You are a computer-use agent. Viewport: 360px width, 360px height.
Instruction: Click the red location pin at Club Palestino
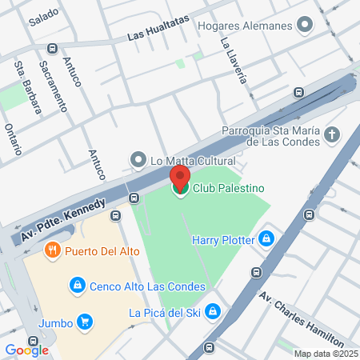click(180, 177)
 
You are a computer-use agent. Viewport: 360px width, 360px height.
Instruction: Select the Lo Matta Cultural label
click(186, 159)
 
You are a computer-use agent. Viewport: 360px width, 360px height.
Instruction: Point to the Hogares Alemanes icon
click(304, 25)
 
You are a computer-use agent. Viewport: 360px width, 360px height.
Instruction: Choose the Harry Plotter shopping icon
click(267, 239)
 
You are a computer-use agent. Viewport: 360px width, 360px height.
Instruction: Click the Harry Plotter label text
click(223, 239)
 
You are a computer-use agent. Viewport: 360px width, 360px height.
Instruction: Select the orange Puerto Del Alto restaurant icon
click(53, 250)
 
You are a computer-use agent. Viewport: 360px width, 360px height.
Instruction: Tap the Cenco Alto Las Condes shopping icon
click(77, 283)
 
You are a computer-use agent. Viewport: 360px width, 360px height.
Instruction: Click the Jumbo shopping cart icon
click(85, 322)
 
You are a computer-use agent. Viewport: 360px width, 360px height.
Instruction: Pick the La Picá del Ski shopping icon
click(213, 311)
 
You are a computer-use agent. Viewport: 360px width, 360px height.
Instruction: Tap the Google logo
click(26, 350)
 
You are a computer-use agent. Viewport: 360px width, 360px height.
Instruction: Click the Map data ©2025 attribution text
click(325, 354)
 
